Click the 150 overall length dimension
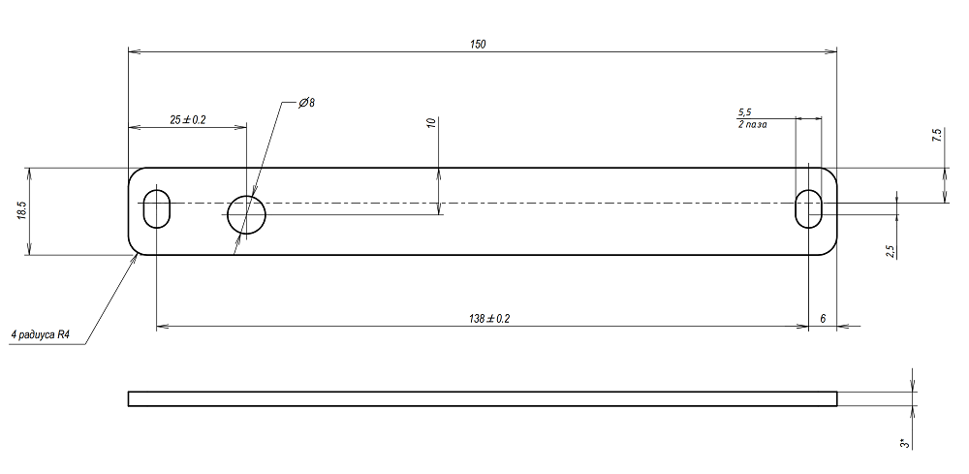point(478,44)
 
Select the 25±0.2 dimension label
point(188,119)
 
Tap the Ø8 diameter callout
point(307,102)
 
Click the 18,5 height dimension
point(20,212)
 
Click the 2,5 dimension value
point(890,251)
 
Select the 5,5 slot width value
point(744,112)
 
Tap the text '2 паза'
point(752,125)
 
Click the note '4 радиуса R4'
point(40,335)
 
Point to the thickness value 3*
point(903,443)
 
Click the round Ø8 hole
point(246,213)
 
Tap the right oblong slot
point(808,208)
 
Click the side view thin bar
point(482,397)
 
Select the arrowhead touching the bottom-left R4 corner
point(134,259)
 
